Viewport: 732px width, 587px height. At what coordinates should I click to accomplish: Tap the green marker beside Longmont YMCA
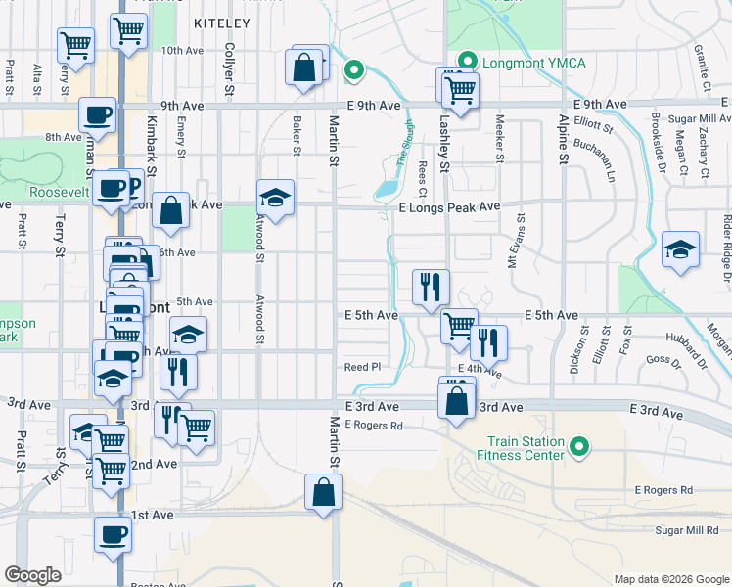(x=467, y=63)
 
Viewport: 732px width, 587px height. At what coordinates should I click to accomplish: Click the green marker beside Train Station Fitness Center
(x=580, y=448)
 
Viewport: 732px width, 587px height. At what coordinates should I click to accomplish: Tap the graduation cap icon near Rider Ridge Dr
(x=679, y=248)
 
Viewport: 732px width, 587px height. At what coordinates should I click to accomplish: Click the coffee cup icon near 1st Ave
(x=113, y=534)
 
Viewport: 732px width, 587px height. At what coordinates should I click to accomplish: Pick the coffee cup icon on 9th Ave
(x=98, y=114)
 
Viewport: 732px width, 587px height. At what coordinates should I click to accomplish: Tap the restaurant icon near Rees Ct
(x=431, y=287)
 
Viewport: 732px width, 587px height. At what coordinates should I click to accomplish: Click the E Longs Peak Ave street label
(x=449, y=207)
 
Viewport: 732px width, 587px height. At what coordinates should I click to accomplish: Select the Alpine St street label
(x=563, y=136)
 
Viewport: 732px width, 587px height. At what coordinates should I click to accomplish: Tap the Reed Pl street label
(x=361, y=367)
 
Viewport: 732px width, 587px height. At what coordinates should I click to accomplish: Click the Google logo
(x=32, y=575)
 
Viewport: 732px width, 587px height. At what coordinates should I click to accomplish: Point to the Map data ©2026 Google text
(x=670, y=579)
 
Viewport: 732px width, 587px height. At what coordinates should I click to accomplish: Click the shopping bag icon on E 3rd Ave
(x=457, y=400)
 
